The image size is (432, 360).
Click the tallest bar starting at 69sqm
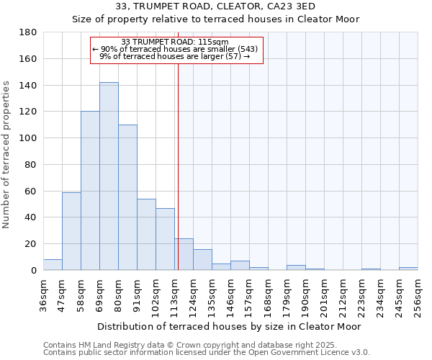109,176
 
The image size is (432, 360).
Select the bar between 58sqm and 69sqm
90,191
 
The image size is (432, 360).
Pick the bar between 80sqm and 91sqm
127,197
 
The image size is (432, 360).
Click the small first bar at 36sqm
53,265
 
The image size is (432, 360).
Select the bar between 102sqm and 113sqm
165,239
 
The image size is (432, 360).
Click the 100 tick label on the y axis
29,138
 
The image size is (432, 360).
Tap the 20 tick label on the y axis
32,244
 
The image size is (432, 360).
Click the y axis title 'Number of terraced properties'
6,155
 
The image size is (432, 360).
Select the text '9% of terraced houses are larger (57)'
173,55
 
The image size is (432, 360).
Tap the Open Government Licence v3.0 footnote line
207,352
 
